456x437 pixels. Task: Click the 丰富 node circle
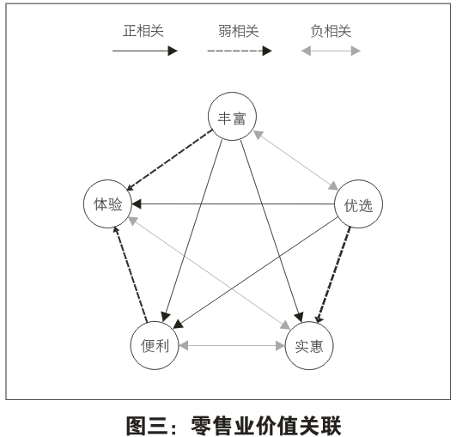click(x=232, y=93)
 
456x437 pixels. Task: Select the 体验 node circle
click(x=107, y=180)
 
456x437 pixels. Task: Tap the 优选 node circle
click(x=358, y=180)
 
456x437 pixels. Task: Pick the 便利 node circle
click(x=155, y=322)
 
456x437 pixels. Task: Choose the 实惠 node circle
click(x=309, y=322)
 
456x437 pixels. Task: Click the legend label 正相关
click(x=143, y=31)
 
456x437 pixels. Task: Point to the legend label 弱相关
click(x=239, y=31)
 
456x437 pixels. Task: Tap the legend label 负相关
click(x=331, y=31)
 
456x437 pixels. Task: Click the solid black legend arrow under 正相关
click(x=145, y=51)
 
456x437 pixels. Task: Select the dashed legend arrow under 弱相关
click(x=240, y=51)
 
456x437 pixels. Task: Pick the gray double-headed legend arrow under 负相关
click(x=331, y=51)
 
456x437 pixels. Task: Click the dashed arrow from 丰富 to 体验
click(x=170, y=161)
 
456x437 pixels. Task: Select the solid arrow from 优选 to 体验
click(x=234, y=203)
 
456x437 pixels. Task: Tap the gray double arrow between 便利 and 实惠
click(x=232, y=346)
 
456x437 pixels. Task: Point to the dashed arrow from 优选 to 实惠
click(x=333, y=275)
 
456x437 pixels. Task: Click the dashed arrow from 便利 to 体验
click(x=131, y=274)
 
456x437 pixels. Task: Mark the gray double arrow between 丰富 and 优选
click(x=295, y=161)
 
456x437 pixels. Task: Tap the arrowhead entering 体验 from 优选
click(x=137, y=203)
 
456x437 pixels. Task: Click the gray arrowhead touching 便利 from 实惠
click(x=184, y=346)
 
